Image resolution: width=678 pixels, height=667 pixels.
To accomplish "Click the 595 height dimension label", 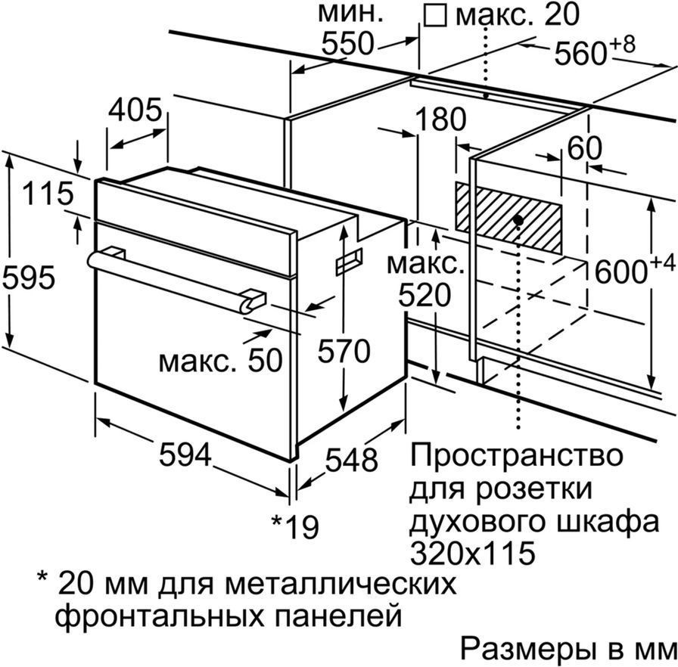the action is point(29,277).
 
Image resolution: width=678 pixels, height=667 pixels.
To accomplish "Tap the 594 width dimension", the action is point(185,454).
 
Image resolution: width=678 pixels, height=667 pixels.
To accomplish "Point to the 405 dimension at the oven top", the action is point(135,110).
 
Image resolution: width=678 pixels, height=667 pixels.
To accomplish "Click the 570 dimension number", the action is point(344,350).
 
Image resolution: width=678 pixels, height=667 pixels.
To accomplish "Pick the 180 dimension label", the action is point(440,119).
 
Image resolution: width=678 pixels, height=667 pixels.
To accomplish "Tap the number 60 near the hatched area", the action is point(584,148).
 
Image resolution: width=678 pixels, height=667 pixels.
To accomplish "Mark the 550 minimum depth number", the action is point(347,43).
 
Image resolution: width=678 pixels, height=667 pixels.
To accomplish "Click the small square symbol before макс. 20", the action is point(435,17).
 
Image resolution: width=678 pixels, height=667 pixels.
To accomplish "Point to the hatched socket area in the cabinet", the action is point(508,218).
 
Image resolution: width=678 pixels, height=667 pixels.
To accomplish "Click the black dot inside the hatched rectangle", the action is point(518,220).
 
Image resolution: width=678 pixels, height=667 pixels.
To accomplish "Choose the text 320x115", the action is point(472,552).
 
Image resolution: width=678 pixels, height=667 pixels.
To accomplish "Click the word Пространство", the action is point(517,455).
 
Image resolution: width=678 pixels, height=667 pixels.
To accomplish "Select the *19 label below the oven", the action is point(295,526).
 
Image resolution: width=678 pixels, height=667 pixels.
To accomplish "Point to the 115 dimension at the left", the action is point(48,193).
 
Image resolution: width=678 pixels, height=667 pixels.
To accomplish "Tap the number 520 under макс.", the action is point(425,296).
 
